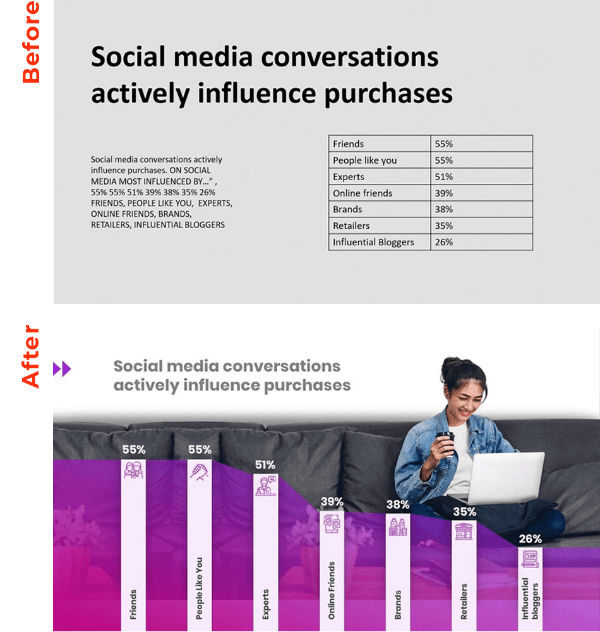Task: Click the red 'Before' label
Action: click(x=31, y=42)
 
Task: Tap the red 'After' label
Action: click(x=31, y=356)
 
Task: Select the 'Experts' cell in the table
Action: click(x=380, y=176)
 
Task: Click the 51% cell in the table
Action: click(x=482, y=176)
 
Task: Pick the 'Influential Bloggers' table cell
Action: click(x=380, y=242)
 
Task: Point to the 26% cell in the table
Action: click(x=482, y=242)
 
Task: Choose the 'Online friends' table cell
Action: click(x=380, y=193)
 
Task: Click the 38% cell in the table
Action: click(x=482, y=210)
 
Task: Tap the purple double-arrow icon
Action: click(x=62, y=368)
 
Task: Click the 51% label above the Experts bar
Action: click(x=265, y=465)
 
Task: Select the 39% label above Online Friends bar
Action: click(x=332, y=502)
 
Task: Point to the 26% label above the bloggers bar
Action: click(x=530, y=539)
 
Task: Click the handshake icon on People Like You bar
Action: click(x=200, y=471)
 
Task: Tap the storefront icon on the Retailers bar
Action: click(x=464, y=532)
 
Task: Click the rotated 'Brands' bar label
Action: click(x=398, y=605)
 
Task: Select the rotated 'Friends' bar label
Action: click(x=133, y=605)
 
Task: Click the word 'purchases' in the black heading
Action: click(x=388, y=94)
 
